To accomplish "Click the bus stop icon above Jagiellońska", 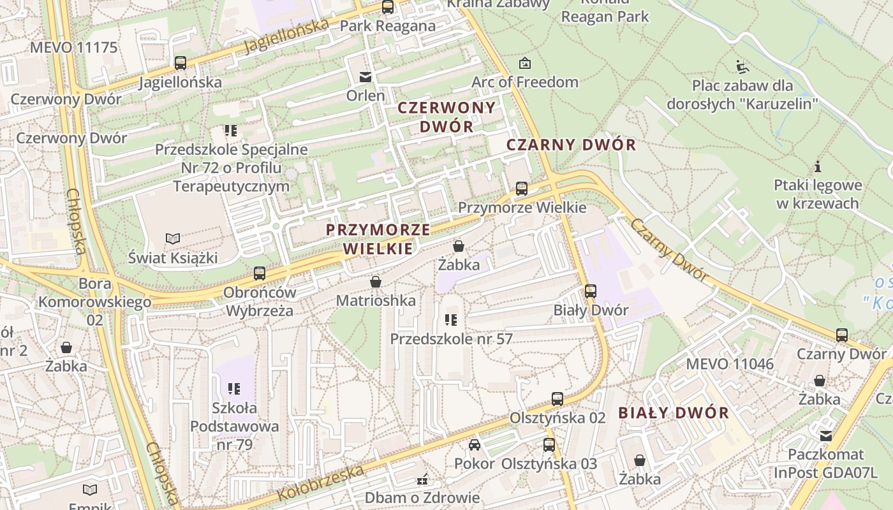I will tap(181, 63).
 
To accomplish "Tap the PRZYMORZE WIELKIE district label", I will tap(378, 239).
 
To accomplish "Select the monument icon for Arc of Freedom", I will tap(524, 63).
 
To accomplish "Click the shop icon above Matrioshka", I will tap(376, 281).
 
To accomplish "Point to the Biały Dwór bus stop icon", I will tap(591, 291).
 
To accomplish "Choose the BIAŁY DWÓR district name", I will tap(674, 412).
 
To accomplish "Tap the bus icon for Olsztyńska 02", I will tap(557, 399).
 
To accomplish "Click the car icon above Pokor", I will tap(474, 444).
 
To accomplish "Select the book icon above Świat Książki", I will tap(172, 239).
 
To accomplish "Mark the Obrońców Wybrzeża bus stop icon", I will tap(259, 273).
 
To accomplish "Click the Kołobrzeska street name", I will tap(321, 483).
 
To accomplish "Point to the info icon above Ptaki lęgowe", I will tap(818, 167).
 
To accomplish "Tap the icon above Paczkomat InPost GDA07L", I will tap(826, 436).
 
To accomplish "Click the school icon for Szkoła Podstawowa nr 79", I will tap(233, 388).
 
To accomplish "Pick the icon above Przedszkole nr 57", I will tap(451, 320).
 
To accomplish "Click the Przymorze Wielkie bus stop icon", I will tap(522, 189).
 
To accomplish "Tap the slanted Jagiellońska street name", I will tap(286, 36).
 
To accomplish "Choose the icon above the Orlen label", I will tap(365, 77).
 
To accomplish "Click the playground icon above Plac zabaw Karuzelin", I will tap(742, 66).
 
